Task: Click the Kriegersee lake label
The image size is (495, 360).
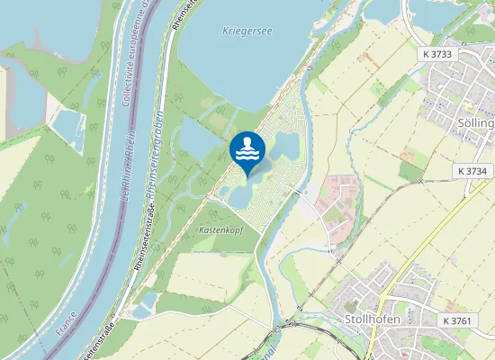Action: (x=247, y=31)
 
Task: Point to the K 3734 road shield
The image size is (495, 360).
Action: (x=473, y=171)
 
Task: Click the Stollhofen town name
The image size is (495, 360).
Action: (x=372, y=319)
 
